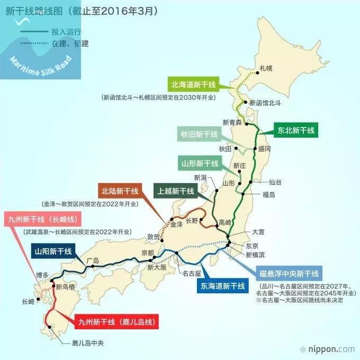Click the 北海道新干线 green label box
(196, 84)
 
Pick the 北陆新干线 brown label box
(120, 190)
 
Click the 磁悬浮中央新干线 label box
(289, 274)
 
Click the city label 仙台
(275, 182)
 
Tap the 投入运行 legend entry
(62, 32)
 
